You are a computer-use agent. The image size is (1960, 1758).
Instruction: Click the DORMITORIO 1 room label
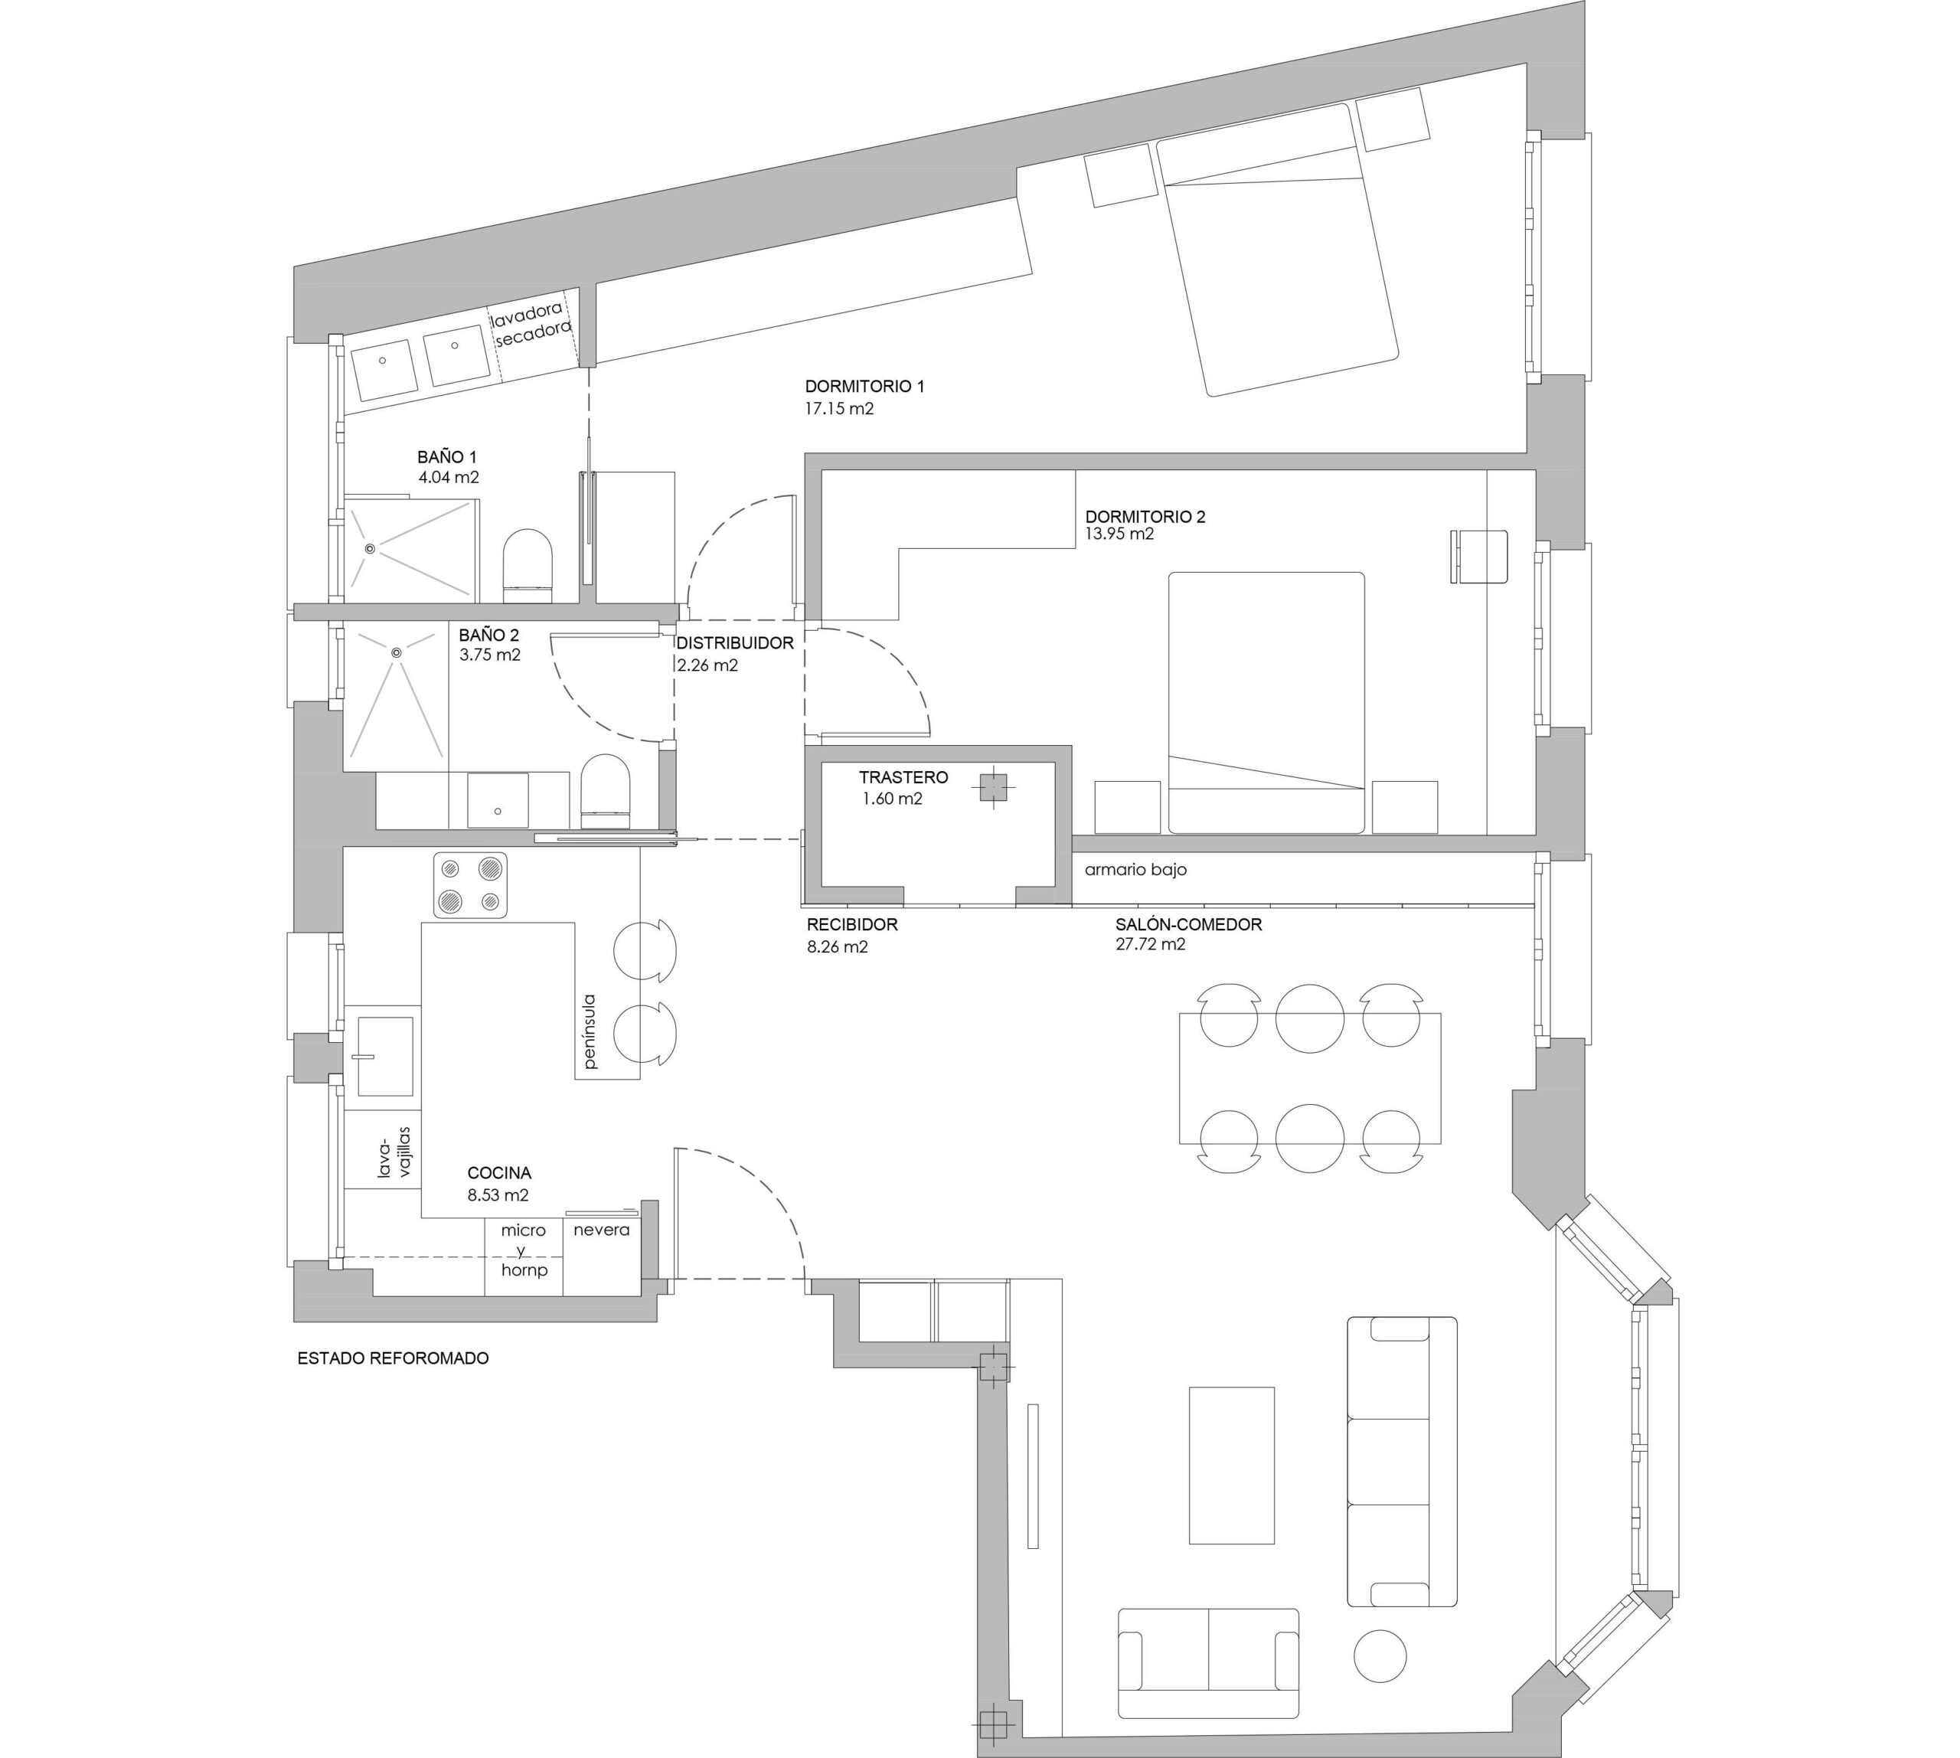coord(864,387)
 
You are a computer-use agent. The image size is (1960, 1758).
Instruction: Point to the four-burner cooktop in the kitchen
coord(470,885)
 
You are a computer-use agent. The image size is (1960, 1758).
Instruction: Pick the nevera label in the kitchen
coord(601,1230)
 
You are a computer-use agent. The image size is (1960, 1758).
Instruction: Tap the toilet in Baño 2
coord(606,792)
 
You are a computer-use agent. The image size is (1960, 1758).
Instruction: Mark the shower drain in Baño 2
coord(396,652)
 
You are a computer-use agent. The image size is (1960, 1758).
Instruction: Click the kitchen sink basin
coord(385,1056)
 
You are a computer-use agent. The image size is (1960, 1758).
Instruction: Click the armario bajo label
coord(1135,869)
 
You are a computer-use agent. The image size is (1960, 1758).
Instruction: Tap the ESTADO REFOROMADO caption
coord(394,1358)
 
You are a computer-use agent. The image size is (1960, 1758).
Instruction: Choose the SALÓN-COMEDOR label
coord(1188,924)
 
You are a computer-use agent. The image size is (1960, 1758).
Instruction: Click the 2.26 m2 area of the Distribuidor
coord(707,665)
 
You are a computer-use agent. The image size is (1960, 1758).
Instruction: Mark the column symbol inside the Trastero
coord(993,788)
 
